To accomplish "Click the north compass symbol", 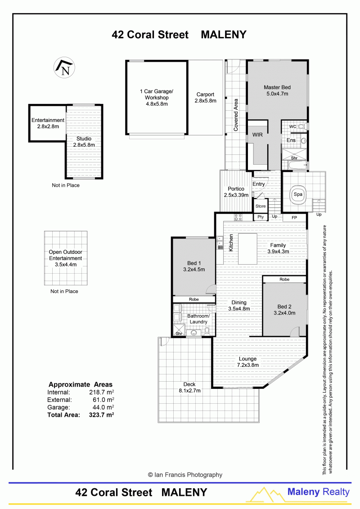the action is (x=64, y=68).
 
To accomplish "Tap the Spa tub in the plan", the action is (x=297, y=195).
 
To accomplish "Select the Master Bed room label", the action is (x=277, y=90).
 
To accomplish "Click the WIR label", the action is (x=257, y=135).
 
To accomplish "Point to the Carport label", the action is (x=206, y=97).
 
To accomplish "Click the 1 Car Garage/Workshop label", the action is (x=157, y=98).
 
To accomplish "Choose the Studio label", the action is (x=84, y=142).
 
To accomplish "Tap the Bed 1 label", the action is (x=194, y=266).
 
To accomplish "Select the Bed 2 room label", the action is (x=284, y=310).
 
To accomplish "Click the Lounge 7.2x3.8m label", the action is (x=247, y=362).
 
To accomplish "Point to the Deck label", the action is (x=189, y=387).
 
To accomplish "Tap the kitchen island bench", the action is (x=247, y=249).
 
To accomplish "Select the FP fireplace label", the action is (x=294, y=218).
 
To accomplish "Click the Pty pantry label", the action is (x=261, y=217).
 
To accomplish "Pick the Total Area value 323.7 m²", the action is (x=101, y=414).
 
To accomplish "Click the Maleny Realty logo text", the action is (x=319, y=492).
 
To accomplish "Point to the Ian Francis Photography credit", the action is (x=185, y=475).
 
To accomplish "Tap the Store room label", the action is (x=261, y=206).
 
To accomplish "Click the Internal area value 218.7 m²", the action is (x=102, y=392).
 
